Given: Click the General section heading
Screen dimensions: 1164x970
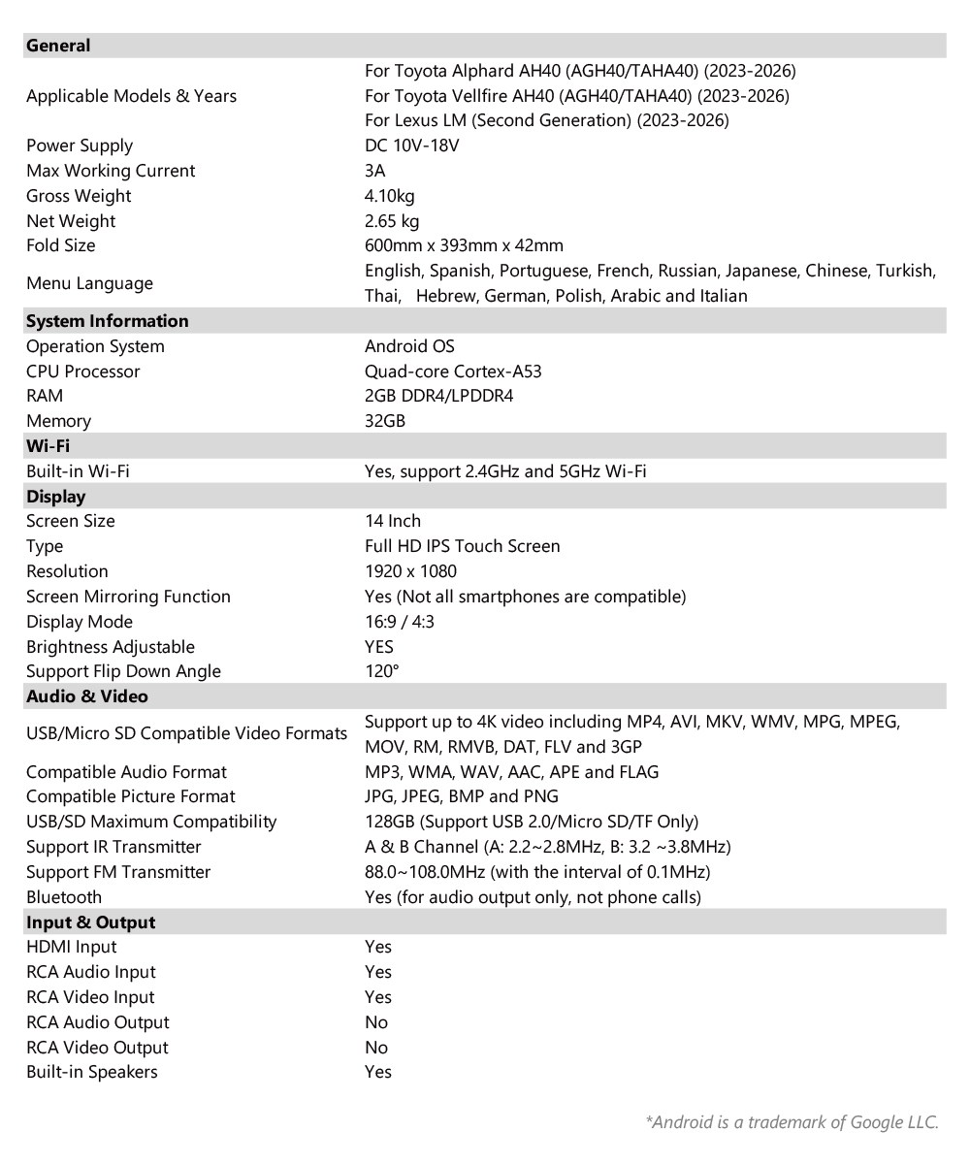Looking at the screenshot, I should (58, 46).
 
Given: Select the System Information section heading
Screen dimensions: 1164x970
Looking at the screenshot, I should (108, 321).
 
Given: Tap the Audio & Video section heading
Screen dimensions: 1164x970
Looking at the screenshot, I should (87, 696).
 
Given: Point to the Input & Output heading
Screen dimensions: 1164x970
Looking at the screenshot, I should (91, 922).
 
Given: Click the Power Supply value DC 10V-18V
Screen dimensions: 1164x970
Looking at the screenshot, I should (411, 145).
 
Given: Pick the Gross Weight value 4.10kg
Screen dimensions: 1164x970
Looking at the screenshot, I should (389, 196).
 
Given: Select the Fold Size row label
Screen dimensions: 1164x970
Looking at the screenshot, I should (61, 245).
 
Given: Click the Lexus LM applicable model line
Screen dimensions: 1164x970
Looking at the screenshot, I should (546, 120).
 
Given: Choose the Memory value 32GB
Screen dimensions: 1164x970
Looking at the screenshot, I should (385, 421).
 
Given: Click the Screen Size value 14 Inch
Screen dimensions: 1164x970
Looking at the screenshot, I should (393, 521).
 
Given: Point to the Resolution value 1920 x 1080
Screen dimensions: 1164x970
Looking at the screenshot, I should (410, 571).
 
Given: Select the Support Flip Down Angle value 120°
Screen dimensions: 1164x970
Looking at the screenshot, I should (382, 671).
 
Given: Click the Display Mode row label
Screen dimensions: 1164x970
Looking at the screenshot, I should (80, 622).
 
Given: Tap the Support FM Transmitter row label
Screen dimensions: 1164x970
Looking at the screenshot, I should (118, 872).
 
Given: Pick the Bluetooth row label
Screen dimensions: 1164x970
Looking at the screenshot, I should (64, 897).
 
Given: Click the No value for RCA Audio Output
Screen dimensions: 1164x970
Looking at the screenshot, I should (376, 1022).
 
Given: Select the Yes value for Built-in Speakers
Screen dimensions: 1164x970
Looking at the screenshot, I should (378, 1072).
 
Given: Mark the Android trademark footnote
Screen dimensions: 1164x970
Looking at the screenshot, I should (792, 1122).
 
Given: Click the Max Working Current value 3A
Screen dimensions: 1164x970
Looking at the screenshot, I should (375, 171).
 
